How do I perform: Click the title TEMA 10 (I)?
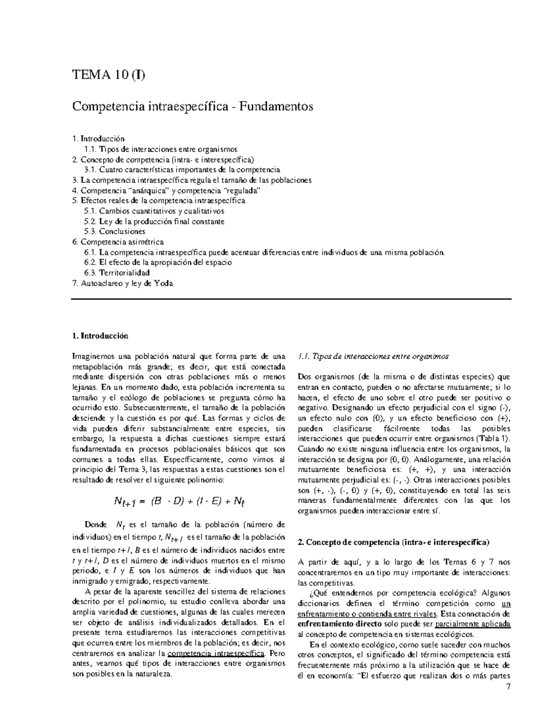click(108, 74)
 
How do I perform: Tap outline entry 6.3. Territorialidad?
click(117, 272)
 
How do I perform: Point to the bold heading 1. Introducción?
click(100, 336)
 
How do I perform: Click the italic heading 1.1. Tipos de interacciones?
click(373, 357)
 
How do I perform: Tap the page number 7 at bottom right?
click(508, 687)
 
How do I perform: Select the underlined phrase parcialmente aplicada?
click(472, 624)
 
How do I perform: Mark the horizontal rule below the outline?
click(291, 299)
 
